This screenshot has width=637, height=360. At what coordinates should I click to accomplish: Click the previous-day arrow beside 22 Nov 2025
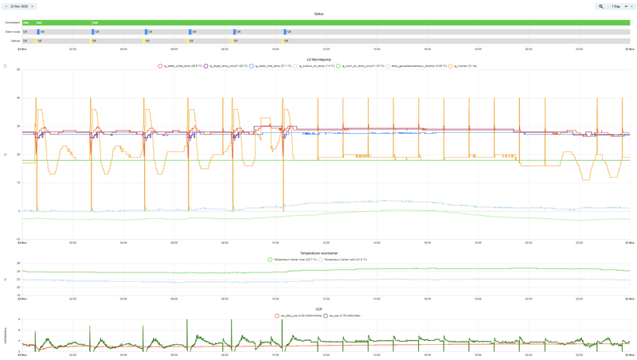tap(6, 6)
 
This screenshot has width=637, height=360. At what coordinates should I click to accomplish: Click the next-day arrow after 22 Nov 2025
tap(33, 6)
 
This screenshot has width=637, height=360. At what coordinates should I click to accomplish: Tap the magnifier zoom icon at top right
tap(601, 6)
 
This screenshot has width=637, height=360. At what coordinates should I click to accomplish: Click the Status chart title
tap(318, 14)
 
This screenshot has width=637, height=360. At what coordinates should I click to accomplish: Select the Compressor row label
tap(12, 23)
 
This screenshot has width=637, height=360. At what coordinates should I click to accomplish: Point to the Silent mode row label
tap(12, 32)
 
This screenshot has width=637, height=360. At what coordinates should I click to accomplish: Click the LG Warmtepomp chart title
tap(318, 60)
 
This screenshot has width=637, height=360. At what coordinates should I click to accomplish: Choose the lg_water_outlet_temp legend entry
tap(180, 66)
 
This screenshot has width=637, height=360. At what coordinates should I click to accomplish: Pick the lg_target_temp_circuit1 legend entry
tap(226, 66)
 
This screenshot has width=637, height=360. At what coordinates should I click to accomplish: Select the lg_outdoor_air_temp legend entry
tap(315, 66)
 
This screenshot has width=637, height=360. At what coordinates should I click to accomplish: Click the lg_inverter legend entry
tap(465, 66)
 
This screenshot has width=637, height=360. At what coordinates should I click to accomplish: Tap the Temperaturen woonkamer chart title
tap(318, 253)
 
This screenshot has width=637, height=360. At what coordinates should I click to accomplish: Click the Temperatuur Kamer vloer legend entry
tap(295, 260)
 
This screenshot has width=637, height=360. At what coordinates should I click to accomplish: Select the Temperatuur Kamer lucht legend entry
tap(345, 260)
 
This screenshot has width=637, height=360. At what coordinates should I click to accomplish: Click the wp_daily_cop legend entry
tap(299, 315)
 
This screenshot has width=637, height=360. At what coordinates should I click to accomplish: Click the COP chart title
tap(318, 309)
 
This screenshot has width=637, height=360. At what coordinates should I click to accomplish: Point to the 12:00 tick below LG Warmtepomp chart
tap(326, 242)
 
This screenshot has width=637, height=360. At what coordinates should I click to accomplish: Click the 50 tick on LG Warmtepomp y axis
tap(18, 70)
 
